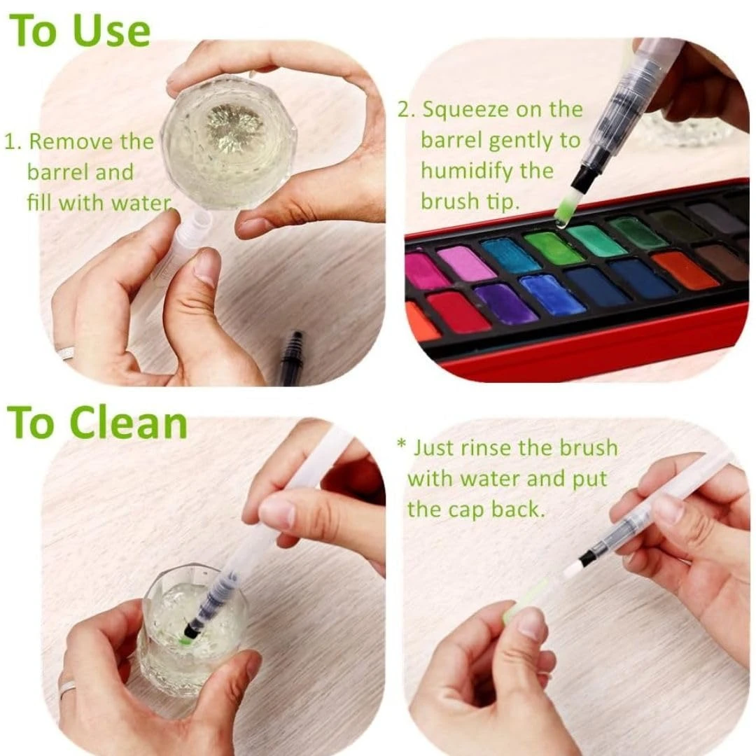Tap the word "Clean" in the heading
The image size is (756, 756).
[128, 423]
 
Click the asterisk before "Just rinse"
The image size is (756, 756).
[401, 444]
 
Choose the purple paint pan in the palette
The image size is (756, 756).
[506, 303]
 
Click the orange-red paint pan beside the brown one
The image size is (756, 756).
[683, 270]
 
